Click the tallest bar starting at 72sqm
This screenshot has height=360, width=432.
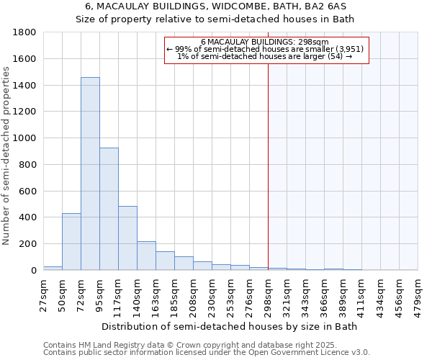[90, 174]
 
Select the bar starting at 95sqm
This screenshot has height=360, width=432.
[109, 209]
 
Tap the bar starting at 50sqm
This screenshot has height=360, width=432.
[71, 242]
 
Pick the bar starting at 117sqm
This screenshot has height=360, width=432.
[127, 238]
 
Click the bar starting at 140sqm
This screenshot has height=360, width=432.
[146, 256]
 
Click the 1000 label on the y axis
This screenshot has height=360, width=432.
[25, 138]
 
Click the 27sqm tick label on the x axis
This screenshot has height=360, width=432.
[44, 296]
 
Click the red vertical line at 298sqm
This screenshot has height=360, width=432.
[268, 180]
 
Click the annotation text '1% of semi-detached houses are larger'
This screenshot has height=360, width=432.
[264, 56]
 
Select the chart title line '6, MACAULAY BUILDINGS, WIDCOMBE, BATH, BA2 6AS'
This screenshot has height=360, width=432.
[215, 6]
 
